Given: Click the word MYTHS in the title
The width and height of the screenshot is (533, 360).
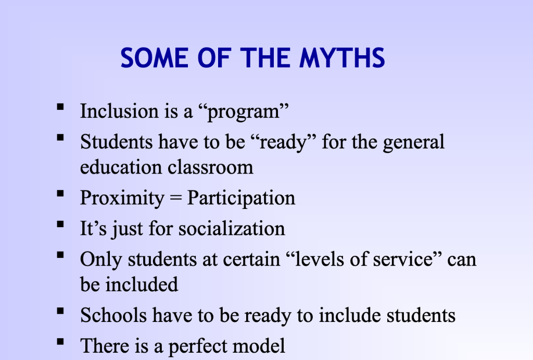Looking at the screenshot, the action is pos(342,58).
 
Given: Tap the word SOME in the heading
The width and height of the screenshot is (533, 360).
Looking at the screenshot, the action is pos(155,58).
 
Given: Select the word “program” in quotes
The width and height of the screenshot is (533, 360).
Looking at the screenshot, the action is pos(243,112).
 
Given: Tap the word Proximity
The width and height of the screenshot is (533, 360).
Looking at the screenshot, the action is pos(122,198).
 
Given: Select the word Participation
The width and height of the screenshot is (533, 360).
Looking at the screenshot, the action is pos(241,198).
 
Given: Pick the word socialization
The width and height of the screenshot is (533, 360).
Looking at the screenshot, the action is pos(232,228).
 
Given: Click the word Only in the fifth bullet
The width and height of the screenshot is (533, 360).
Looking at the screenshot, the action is pos(101,259).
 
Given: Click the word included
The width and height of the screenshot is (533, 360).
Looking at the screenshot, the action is pos(142,284).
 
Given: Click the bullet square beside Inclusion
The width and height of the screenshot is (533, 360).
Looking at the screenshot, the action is pos(60,107).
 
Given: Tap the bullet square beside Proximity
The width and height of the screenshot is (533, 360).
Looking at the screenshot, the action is pos(60,194).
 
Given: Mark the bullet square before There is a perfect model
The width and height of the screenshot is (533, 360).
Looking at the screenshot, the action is pos(60,342).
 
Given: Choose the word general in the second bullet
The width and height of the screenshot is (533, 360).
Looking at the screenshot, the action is pos(414,142).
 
